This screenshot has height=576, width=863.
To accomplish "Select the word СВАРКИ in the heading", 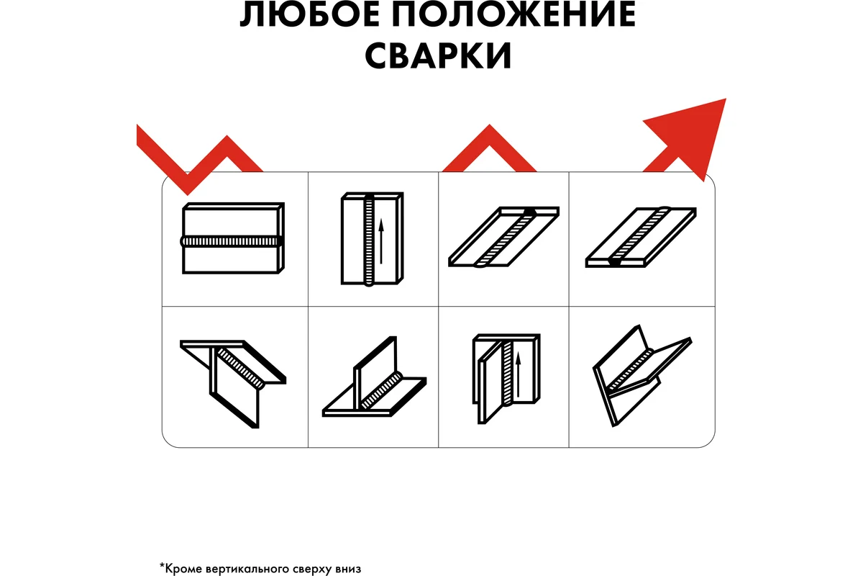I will (438, 56).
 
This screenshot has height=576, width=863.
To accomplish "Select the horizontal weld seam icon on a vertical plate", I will (232, 239).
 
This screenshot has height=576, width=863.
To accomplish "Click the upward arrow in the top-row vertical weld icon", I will (381, 242).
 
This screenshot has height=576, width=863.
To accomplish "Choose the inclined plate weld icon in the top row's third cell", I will (504, 237).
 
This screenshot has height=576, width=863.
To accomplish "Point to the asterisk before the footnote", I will (162, 565).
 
